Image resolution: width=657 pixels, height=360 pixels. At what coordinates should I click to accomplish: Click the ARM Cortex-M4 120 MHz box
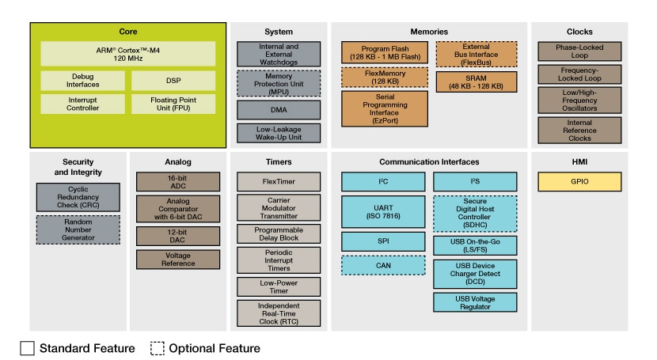(127, 53)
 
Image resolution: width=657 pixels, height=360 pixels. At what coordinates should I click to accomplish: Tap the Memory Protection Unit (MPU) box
(268, 82)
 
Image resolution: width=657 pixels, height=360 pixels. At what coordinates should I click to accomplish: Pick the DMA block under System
(268, 109)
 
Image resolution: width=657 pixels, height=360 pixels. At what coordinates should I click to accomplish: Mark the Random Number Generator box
(78, 229)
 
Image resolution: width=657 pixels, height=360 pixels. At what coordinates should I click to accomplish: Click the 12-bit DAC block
(172, 236)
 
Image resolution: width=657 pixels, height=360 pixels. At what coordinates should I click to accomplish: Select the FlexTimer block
(268, 182)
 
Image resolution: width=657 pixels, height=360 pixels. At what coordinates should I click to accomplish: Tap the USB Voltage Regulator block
(475, 301)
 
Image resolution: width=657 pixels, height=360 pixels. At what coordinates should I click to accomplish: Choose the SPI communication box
(384, 241)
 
